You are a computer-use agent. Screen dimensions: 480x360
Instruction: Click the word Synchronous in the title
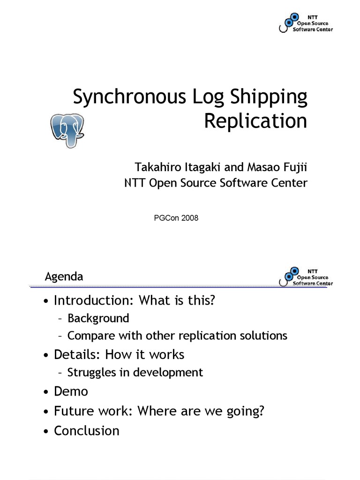129,97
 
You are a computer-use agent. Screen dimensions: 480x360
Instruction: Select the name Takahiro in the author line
155,167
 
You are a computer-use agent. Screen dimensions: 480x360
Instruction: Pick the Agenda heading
64,277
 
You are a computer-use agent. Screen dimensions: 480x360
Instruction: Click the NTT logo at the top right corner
306,22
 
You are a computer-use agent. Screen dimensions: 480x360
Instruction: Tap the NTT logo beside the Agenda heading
306,277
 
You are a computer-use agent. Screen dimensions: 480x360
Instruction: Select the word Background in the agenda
98,318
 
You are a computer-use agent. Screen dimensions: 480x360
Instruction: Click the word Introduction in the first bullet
91,300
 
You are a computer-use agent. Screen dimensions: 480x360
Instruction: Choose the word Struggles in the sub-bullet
92,372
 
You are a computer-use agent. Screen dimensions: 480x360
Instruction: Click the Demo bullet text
71,391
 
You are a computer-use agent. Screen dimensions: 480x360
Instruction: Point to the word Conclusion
87,430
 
